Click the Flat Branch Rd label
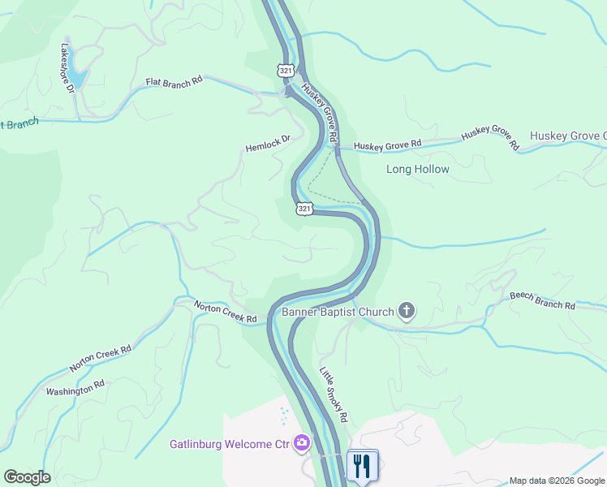pyautogui.click(x=174, y=82)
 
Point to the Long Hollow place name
pyautogui.click(x=417, y=170)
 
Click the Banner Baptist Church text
pyautogui.click(x=338, y=312)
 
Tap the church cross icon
pyautogui.click(x=407, y=311)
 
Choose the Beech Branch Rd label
pyautogui.click(x=542, y=300)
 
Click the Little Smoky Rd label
pyautogui.click(x=334, y=395)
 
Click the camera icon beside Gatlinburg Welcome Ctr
pyautogui.click(x=302, y=443)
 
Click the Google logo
pyautogui.click(x=27, y=477)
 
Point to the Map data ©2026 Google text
pyautogui.click(x=556, y=481)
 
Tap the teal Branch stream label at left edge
pyautogui.click(x=19, y=124)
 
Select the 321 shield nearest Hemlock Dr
pyautogui.click(x=303, y=209)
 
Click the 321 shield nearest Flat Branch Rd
pyautogui.click(x=285, y=71)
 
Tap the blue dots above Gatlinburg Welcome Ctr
pyautogui.click(x=283, y=416)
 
